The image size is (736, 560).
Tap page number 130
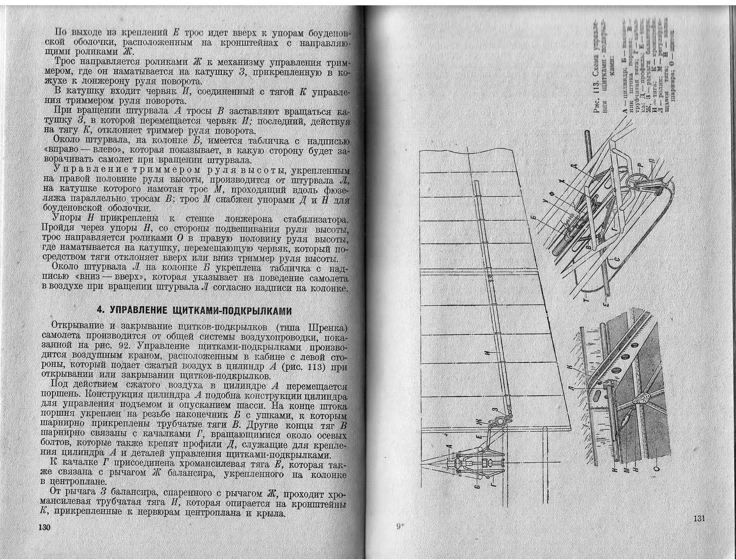pos(45,527)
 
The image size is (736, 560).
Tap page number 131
pos(699,518)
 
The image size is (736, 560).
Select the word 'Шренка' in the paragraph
pos(327,327)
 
